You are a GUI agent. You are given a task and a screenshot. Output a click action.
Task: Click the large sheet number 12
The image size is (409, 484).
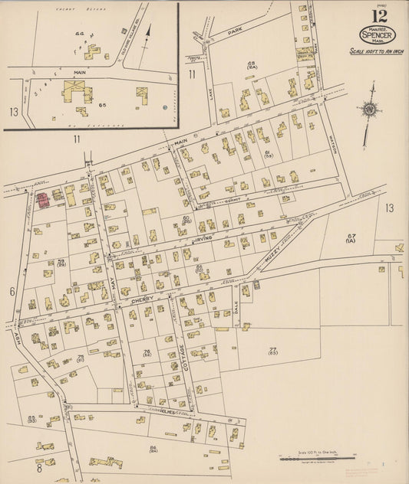click(x=379, y=16)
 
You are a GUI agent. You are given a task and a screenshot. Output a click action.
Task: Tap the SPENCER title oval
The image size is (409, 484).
click(x=378, y=35)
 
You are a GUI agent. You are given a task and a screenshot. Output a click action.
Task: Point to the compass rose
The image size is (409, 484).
click(x=369, y=109)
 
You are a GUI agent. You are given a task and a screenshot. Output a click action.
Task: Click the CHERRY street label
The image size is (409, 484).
click(x=143, y=299)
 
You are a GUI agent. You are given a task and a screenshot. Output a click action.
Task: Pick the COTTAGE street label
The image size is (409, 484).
click(x=183, y=357)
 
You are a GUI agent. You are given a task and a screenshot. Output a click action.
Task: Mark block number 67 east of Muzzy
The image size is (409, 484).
click(x=351, y=236)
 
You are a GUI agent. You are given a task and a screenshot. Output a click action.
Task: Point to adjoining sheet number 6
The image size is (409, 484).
click(x=12, y=292)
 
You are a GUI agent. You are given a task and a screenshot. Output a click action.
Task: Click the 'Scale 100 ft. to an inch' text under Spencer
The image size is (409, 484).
click(x=378, y=51)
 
